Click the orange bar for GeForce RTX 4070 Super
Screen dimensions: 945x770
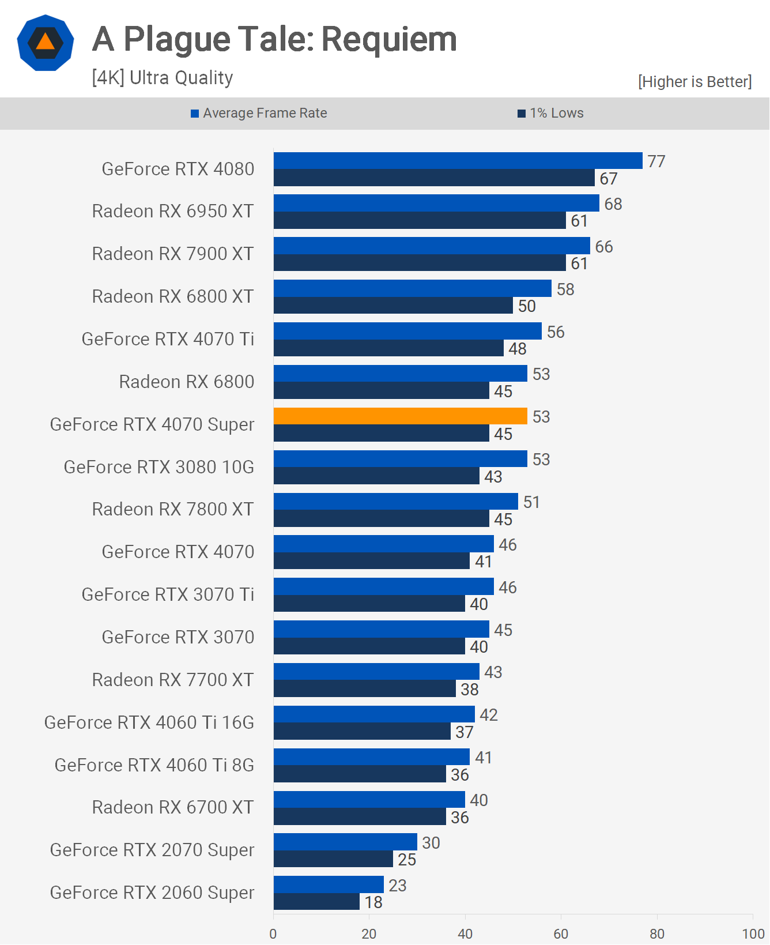400,416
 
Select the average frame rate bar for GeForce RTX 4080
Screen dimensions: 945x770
458,161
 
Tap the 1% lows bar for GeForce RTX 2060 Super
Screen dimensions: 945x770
316,902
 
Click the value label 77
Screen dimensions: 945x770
656,161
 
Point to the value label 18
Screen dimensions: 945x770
373,902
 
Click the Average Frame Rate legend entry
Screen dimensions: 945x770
259,113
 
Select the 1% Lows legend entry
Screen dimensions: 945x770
551,113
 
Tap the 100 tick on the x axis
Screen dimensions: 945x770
753,934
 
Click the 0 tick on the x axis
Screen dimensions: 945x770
273,934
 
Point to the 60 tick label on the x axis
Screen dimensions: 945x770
561,934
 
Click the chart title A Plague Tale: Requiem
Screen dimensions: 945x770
274,39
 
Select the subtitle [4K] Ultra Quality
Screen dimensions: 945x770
163,78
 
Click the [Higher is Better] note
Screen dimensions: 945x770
694,82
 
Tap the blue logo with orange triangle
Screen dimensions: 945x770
46,43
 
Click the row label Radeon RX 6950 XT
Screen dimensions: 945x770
173,212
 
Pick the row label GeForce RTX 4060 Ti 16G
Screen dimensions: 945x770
149,722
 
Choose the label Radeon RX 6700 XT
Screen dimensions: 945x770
173,807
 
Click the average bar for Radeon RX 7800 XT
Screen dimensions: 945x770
395,502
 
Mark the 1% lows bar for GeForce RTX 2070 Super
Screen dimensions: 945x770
333,859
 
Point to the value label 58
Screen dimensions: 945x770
565,289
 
